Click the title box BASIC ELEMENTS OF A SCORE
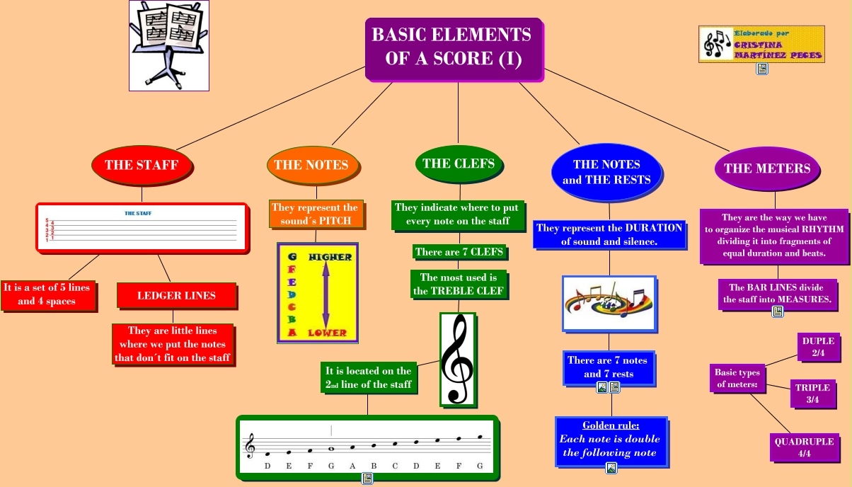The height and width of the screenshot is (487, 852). point(453,47)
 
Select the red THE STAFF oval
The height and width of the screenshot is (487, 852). point(142,165)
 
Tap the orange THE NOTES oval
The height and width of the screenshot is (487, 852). point(311,165)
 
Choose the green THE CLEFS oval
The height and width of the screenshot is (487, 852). point(458,164)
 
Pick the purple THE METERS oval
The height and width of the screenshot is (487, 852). point(767,168)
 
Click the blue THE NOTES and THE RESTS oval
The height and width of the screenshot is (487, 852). point(606,172)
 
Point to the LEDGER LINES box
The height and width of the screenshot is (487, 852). point(176,295)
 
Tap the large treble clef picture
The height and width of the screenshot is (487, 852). point(457,360)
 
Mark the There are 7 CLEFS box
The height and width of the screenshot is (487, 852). point(459,252)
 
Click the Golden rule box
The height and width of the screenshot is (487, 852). point(611,439)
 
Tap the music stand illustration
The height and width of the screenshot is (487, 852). point(168,45)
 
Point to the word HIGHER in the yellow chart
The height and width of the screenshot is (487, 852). point(330,257)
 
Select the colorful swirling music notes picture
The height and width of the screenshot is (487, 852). point(609,303)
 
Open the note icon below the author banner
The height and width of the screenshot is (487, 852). point(762,69)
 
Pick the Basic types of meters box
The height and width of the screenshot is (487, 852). point(737,379)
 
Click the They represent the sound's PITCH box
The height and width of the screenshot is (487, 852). point(316,214)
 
